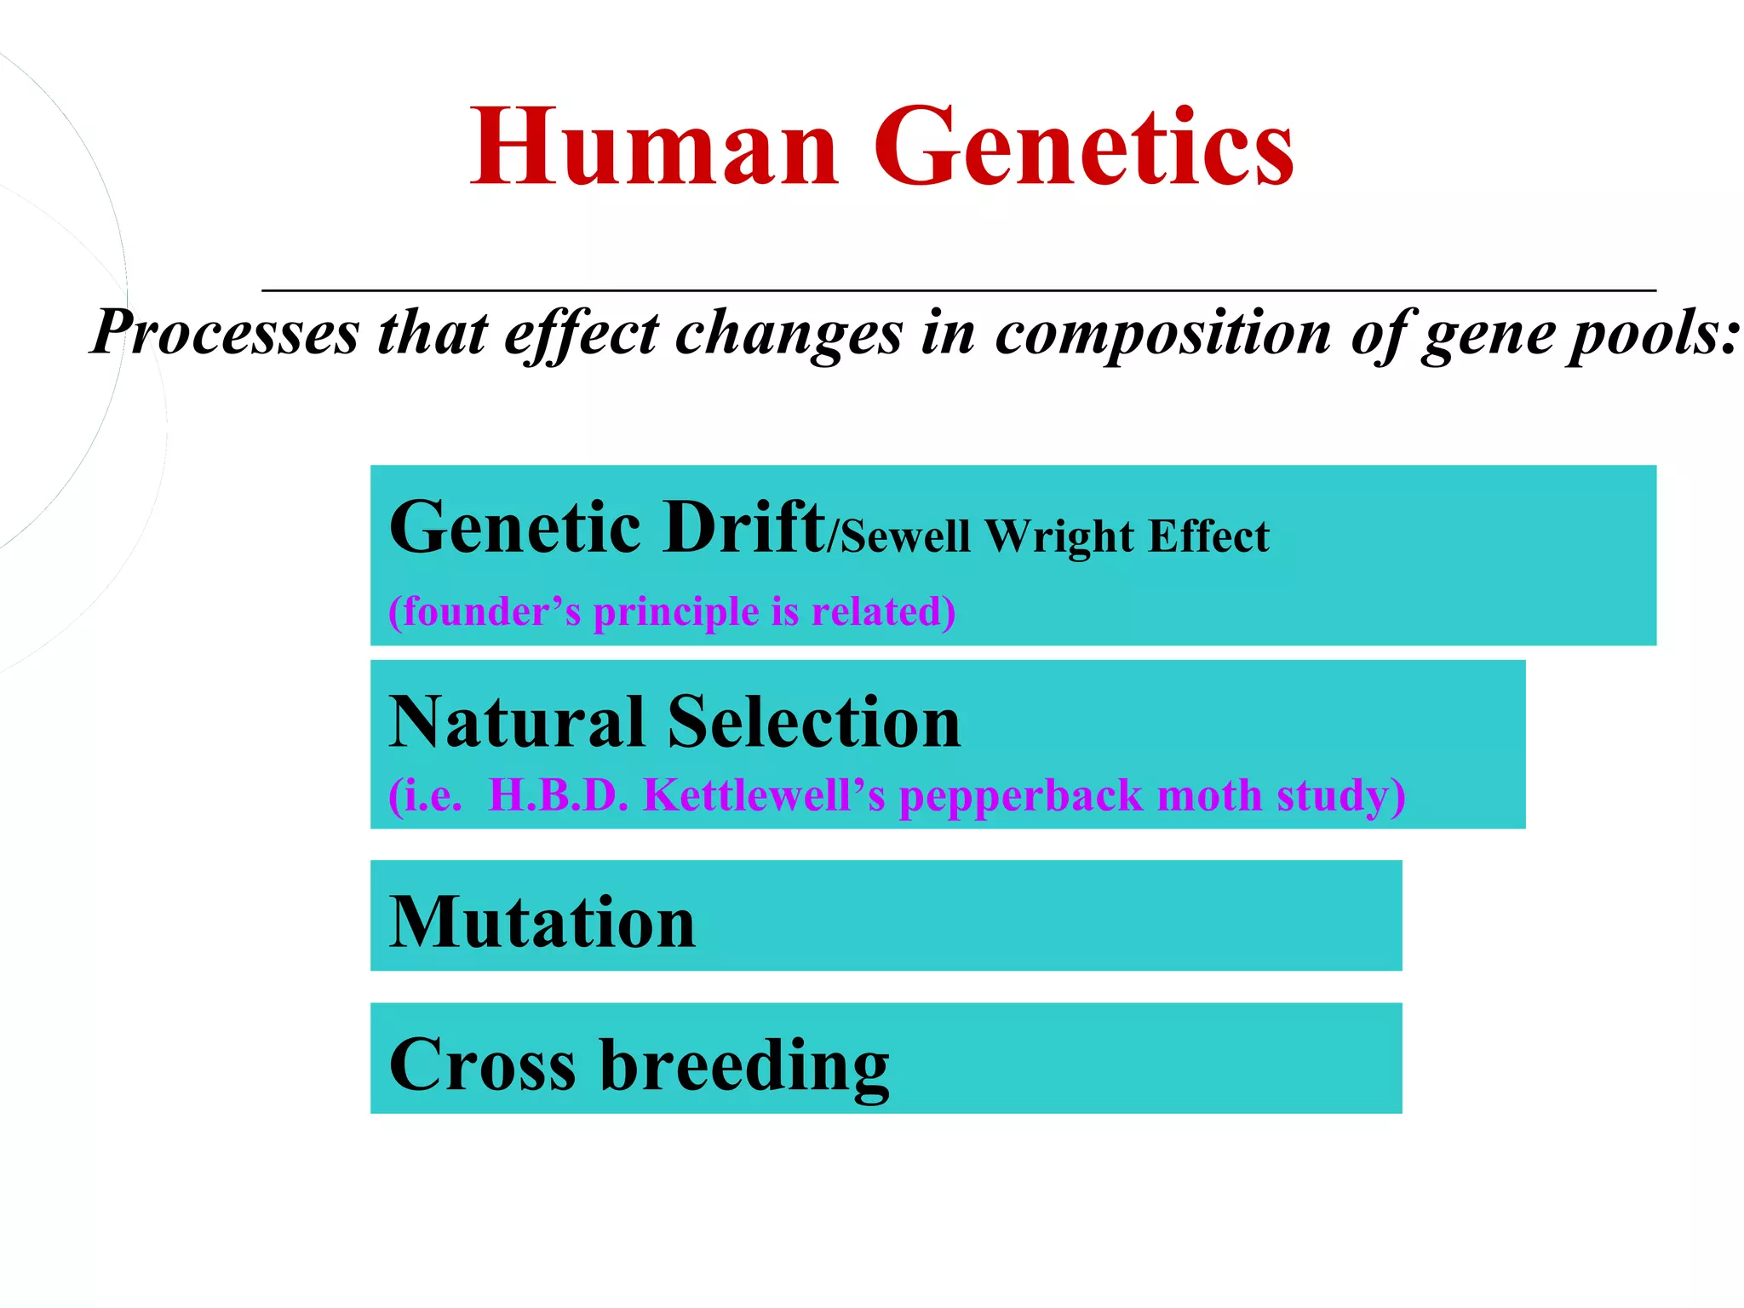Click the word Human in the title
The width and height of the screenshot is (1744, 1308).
point(654,146)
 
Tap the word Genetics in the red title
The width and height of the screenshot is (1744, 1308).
point(1083,146)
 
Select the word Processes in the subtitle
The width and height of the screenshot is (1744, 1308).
point(226,332)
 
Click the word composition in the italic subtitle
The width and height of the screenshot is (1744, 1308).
point(1162,332)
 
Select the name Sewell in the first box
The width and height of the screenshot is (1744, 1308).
point(905,536)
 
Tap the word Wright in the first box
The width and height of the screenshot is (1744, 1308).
point(1058,536)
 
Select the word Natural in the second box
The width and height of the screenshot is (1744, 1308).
point(517,722)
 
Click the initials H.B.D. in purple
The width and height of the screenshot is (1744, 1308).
point(558,795)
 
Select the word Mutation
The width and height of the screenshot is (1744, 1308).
point(542,922)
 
